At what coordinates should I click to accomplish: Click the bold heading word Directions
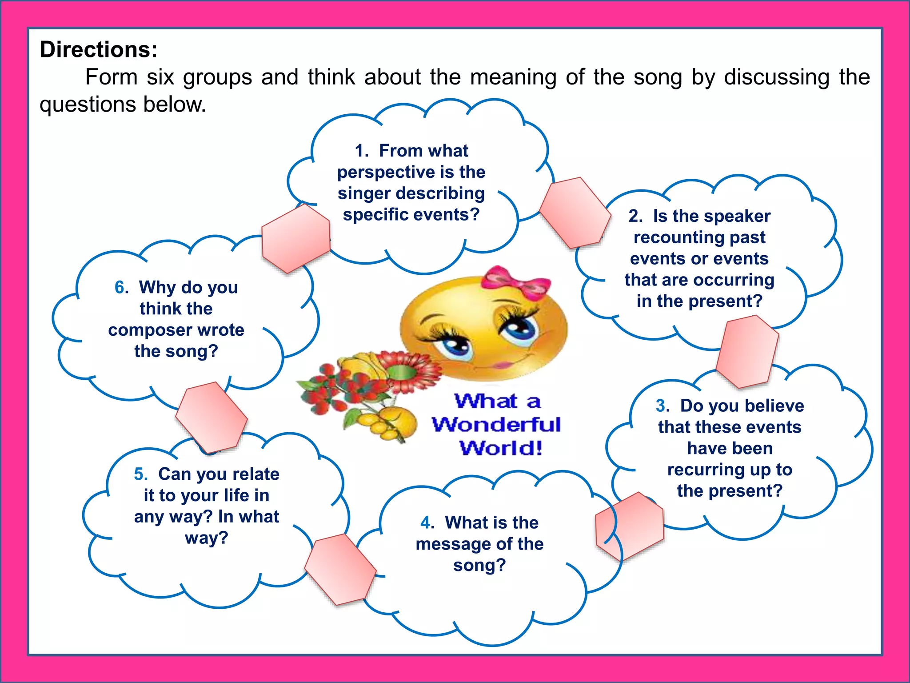(98, 49)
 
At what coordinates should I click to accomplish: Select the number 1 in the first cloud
(361, 151)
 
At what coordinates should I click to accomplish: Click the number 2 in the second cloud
(635, 216)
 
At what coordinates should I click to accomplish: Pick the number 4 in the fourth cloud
(427, 523)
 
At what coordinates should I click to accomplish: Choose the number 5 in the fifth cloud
(140, 474)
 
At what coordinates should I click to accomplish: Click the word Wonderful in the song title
(496, 425)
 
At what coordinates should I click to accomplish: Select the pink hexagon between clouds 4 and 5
(340, 569)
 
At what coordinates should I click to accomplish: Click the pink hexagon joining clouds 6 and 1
(296, 238)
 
